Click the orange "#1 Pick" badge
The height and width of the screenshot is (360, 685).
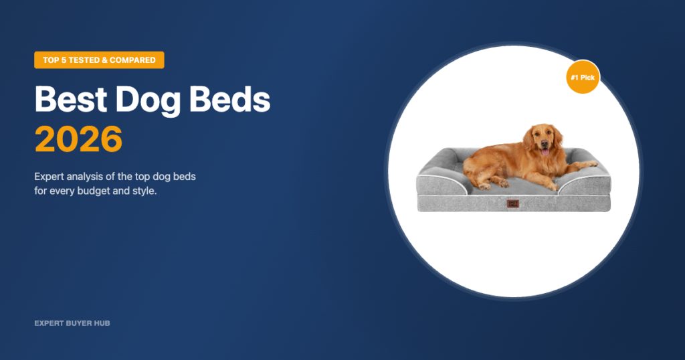pos(582,78)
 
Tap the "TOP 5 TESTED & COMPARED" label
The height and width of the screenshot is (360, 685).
pos(99,60)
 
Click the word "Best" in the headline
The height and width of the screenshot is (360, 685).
pos(70,100)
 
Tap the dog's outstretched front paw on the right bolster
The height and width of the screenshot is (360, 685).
pos(589,163)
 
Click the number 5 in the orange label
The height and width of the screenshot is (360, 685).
pos(70,60)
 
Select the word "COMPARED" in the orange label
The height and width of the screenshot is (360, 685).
pos(133,60)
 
